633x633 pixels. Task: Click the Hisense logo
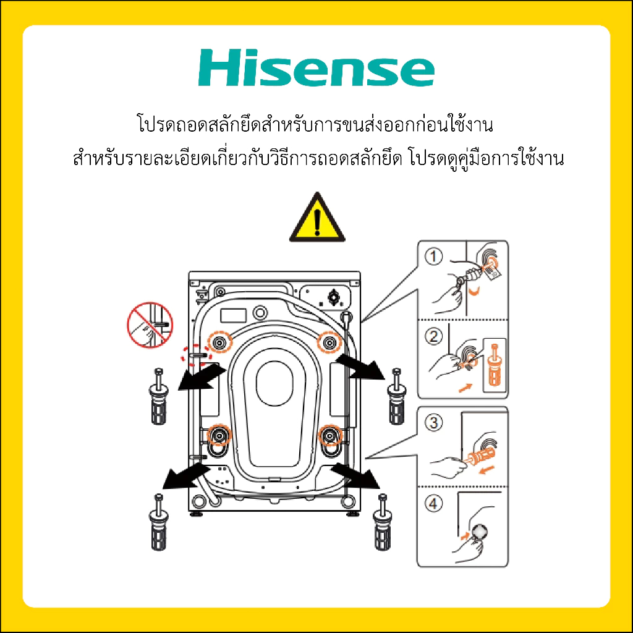(316, 67)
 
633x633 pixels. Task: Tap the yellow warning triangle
(317, 218)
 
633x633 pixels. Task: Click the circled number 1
(433, 257)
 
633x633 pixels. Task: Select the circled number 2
(433, 336)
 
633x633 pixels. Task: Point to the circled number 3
(433, 423)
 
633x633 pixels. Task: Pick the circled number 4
(433, 503)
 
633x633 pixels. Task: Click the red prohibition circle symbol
(150, 325)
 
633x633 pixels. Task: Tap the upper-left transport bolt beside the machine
(159, 396)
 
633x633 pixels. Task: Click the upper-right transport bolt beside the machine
(397, 396)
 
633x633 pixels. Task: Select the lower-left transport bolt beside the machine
(159, 522)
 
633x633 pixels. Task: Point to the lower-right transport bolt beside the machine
(382, 522)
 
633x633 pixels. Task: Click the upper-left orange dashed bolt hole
(220, 342)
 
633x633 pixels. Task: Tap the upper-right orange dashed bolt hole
(329, 342)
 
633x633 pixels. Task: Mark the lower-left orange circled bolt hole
(219, 435)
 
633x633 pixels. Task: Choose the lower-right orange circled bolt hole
(330, 435)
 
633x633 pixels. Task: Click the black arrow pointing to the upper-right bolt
(359, 367)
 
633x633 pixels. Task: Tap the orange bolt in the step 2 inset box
(495, 365)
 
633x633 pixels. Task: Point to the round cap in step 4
(480, 532)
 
